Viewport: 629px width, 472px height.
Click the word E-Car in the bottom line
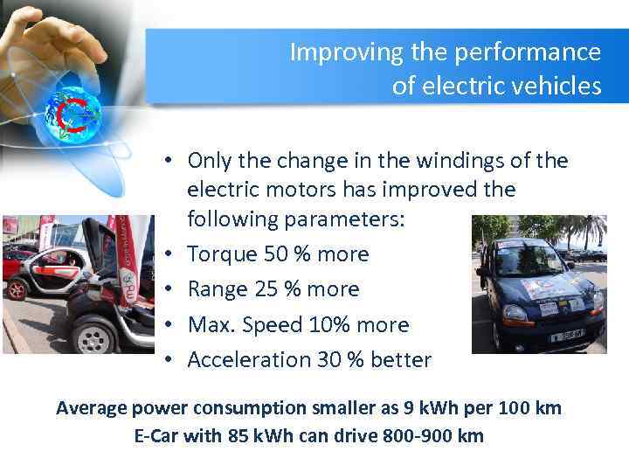158,435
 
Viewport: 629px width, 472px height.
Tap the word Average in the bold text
91,407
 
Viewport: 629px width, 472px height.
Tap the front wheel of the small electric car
94,333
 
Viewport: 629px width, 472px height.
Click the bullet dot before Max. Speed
175,325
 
